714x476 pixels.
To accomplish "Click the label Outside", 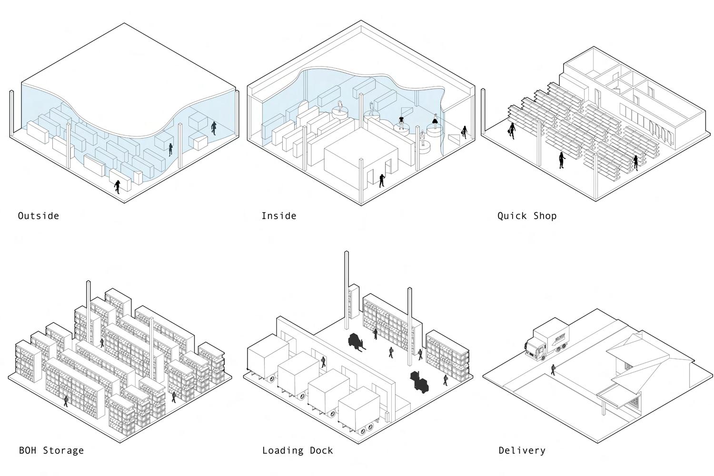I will tap(39, 216).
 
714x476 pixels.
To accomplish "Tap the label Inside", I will tap(279, 216).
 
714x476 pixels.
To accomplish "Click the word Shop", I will tap(545, 216).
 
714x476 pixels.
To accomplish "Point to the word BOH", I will tap(28, 450).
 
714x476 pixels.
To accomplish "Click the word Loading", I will tap(283, 450).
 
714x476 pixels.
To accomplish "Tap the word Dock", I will tap(321, 450).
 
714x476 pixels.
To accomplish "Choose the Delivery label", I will tap(522, 450).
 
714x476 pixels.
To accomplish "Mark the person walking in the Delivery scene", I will tap(553, 369).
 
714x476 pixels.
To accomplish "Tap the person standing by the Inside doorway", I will tap(382, 180).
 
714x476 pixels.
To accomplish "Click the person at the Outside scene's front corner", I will tap(117, 186).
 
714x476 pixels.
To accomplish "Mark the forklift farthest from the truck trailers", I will tap(420, 381).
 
